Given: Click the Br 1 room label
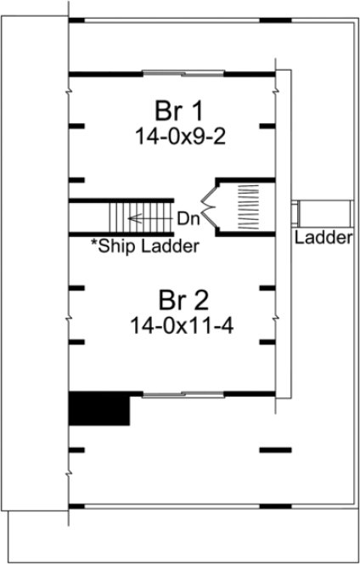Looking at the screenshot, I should (174, 110).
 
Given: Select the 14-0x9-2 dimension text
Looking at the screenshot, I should (174, 134).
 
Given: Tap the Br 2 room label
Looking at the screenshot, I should (181, 301).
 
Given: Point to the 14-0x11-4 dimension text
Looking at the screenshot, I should (181, 324).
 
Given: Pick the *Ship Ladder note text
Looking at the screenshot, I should (144, 247).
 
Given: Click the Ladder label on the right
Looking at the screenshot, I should (323, 239).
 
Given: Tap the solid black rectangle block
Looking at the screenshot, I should (98, 409).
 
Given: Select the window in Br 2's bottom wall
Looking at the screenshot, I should (174, 394).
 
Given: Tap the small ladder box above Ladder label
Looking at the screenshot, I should (323, 213).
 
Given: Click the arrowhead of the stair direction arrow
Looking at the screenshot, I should (132, 218).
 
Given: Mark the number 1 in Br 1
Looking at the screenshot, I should (201, 110).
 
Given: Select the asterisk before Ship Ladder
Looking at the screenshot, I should (94, 245).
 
